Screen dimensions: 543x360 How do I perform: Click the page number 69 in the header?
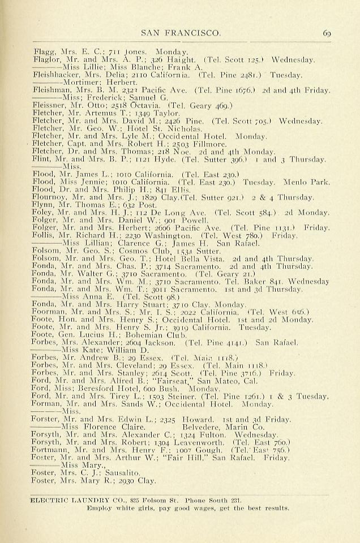[327, 33]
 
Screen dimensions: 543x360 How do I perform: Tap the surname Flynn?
[44, 205]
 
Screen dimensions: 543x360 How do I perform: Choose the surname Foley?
[44, 213]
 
